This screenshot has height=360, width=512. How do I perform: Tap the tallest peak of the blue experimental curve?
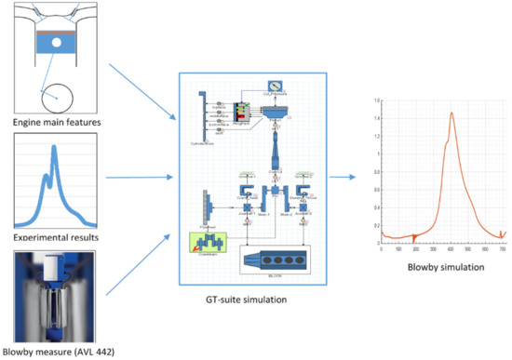click(x=54, y=150)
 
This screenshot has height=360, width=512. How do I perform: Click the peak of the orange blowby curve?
click(x=452, y=113)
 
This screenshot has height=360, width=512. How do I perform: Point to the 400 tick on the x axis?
click(x=451, y=248)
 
